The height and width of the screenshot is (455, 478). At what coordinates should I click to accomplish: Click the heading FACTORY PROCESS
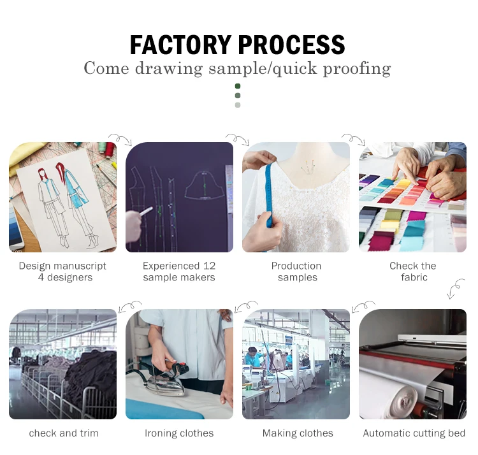tap(237, 45)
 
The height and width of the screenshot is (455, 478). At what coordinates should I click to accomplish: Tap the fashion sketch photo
tap(62, 197)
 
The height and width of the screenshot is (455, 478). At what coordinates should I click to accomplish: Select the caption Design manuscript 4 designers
tap(62, 271)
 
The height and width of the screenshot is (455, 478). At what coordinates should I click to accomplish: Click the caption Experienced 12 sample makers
tap(179, 271)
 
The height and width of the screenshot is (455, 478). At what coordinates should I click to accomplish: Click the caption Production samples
tap(296, 271)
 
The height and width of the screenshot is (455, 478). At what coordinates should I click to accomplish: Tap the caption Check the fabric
tap(413, 271)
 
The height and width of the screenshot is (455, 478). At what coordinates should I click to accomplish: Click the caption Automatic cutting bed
tap(414, 433)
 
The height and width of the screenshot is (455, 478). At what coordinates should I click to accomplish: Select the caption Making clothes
tap(298, 433)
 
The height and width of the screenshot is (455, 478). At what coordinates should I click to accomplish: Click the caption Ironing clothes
tap(179, 433)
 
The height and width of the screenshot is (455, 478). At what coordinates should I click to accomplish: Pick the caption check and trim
tap(64, 433)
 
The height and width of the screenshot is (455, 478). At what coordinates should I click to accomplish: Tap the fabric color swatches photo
tap(412, 197)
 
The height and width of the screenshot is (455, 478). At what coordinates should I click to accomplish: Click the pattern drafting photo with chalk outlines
tap(179, 197)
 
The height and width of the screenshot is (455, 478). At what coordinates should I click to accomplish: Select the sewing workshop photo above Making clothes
tap(296, 364)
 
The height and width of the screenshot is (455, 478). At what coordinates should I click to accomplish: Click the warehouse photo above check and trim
tap(62, 364)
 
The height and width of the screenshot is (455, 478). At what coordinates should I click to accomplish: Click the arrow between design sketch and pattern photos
tap(120, 138)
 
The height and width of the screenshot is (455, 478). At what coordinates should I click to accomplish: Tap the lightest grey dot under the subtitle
tap(238, 105)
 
